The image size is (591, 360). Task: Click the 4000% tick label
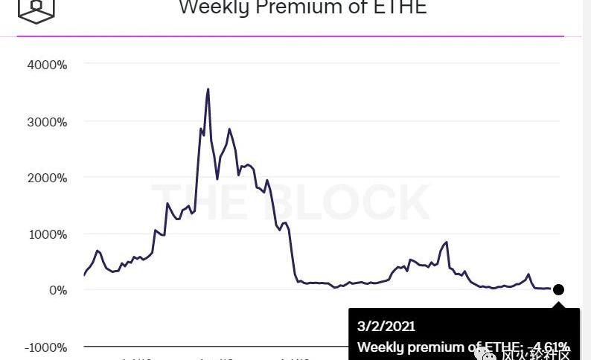(x=47, y=65)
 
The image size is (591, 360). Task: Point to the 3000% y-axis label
(x=47, y=121)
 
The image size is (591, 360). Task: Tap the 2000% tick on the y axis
(x=47, y=178)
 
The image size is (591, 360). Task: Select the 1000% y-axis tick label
(x=47, y=234)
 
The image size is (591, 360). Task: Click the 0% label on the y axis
(x=58, y=290)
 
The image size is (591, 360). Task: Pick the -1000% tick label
(x=45, y=347)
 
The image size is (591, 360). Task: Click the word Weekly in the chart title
(x=214, y=7)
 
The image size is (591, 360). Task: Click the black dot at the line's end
(x=558, y=289)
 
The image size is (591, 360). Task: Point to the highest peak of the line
(x=208, y=90)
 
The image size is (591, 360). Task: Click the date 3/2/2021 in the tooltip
(x=386, y=326)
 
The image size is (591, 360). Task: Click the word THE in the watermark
(x=195, y=202)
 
